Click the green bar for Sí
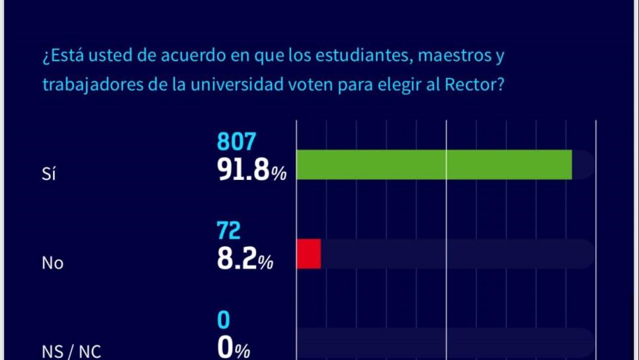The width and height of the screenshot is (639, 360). tap(433, 165)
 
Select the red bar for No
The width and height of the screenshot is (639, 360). tap(308, 254)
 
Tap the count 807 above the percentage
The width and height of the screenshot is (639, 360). tap(236, 142)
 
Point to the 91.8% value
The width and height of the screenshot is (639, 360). tap(251, 171)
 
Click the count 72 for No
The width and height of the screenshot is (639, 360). tap(228, 231)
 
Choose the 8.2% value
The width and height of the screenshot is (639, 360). tap(245, 261)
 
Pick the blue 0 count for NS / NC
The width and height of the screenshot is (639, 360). tap(224, 320)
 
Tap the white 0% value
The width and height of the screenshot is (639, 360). tap(234, 349)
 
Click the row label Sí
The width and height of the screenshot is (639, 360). tap(48, 174)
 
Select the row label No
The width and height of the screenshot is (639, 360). tap(52, 263)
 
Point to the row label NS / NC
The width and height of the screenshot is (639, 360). tap(71, 351)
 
